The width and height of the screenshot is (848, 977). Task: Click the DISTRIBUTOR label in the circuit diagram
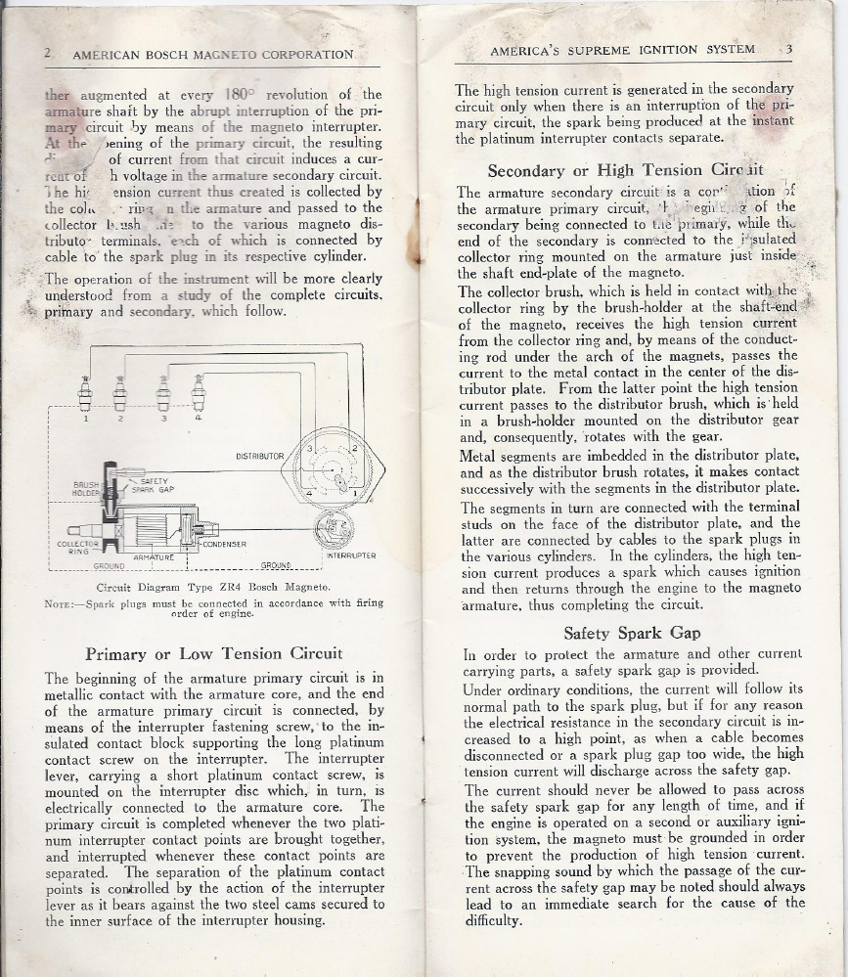[x=259, y=456]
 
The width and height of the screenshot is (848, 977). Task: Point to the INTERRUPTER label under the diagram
[x=351, y=555]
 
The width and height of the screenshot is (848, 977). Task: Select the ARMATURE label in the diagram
[x=153, y=555]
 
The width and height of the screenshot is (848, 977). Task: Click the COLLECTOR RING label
[x=74, y=548]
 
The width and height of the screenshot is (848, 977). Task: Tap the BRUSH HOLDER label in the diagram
[x=87, y=488]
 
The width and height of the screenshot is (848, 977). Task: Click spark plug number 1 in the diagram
[x=84, y=394]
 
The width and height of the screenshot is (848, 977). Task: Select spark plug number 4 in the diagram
[x=198, y=394]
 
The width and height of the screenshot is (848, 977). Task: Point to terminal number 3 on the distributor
[x=311, y=448]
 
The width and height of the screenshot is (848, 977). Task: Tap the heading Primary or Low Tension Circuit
[x=213, y=654]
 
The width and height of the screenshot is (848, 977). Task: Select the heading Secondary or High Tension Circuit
[x=624, y=171]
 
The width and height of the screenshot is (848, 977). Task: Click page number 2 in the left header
[x=48, y=53]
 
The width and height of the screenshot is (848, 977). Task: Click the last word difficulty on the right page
[x=494, y=920]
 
